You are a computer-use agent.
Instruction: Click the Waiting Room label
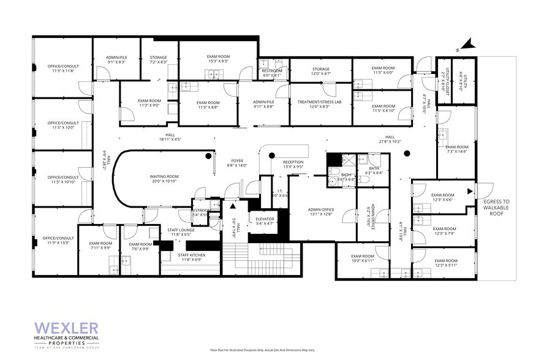pyautogui.click(x=164, y=179)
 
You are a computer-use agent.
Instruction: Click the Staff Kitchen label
pyautogui.click(x=191, y=257)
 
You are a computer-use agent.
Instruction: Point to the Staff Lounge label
pyautogui.click(x=180, y=232)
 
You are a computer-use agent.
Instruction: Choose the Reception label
pyautogui.click(x=293, y=164)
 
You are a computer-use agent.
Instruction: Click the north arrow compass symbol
pyautogui.click(x=467, y=43)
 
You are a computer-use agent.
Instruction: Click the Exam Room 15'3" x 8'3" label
pyautogui.click(x=217, y=59)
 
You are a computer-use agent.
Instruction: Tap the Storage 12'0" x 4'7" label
pyautogui.click(x=320, y=72)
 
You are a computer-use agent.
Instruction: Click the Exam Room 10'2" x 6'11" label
pyautogui.click(x=362, y=258)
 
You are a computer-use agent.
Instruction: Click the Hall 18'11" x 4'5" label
pyautogui.click(x=167, y=138)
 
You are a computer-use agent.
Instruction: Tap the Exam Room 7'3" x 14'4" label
pyautogui.click(x=457, y=149)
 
